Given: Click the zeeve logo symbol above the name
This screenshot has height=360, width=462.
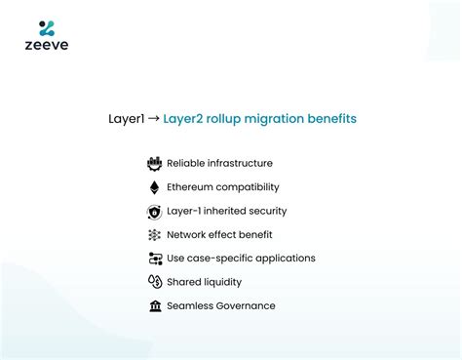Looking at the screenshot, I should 47,27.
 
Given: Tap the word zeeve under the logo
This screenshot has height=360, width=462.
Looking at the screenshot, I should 47,45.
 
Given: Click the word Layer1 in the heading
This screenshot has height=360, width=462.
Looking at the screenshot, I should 127,119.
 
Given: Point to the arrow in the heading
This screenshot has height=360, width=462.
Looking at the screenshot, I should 154,119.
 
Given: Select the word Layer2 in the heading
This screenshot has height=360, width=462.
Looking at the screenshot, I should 185,119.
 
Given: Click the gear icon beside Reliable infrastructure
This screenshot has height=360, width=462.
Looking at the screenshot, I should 154,164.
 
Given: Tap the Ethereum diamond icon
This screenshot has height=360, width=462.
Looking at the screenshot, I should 154,187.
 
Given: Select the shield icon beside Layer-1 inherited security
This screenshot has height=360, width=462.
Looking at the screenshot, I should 154,211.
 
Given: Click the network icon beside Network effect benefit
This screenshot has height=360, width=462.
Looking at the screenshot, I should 154,235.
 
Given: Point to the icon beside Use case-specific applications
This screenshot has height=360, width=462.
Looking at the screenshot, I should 154,259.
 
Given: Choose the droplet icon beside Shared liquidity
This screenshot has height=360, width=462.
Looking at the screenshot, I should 154,282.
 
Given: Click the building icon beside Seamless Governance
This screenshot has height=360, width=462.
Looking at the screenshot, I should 154,305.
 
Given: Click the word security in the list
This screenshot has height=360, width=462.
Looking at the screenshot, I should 265,211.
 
